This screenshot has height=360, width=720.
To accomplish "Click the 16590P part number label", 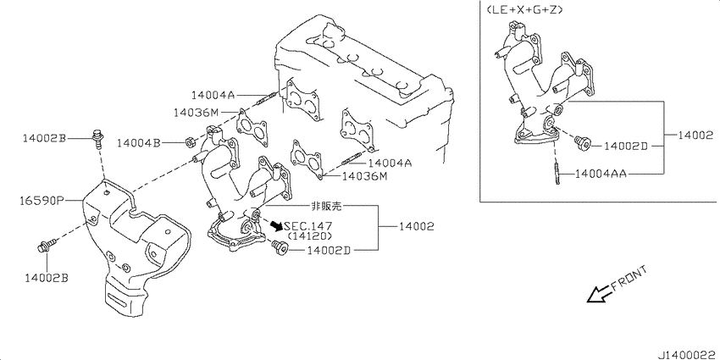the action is coord(41,201).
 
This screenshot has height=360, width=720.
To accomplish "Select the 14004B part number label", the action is coord(138,143).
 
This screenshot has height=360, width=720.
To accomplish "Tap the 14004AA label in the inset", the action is coord(601,174).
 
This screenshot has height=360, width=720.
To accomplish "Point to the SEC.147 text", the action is coord(308,226).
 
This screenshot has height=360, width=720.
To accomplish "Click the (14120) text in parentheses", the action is coord(309,236).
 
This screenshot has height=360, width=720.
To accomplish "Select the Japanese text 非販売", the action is coord(326,207).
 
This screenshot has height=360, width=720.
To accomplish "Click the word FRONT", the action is coord(629,279).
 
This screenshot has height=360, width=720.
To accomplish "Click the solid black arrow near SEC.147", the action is coord(277,225).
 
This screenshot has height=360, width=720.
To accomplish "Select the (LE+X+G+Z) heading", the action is coord(522,9).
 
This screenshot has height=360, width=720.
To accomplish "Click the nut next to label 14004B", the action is coord(190,142).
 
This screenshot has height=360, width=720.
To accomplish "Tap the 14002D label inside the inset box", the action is coord(625,146).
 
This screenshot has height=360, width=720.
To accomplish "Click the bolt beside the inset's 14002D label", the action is coord(583,143).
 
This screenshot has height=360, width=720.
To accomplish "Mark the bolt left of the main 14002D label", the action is coord(279,247).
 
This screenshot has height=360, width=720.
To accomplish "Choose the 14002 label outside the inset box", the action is coord(416,226).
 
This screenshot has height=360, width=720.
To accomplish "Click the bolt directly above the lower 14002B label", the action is coord(47,245).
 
